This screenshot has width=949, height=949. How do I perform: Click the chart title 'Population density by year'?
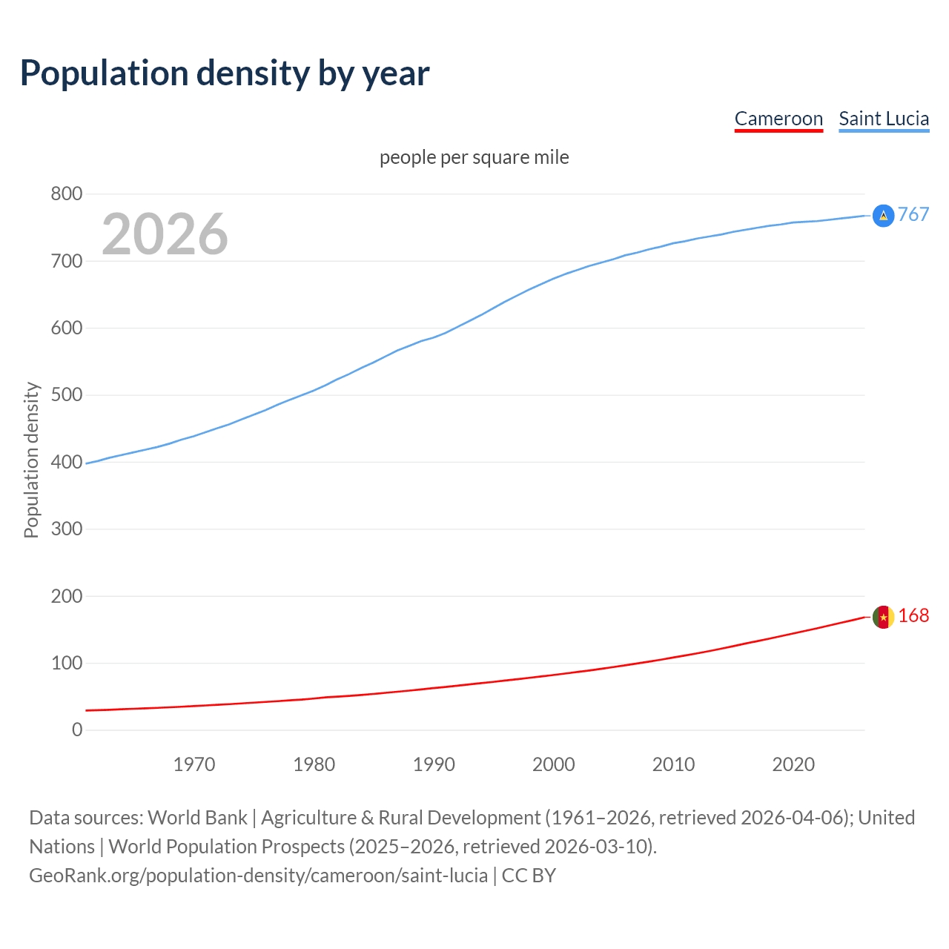tap(225, 73)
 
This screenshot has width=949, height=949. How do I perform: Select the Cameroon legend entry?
tap(778, 119)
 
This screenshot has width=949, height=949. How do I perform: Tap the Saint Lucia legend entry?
tap(884, 119)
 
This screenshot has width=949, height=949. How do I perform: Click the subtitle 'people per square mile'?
tap(474, 157)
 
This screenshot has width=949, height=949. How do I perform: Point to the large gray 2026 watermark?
tap(165, 234)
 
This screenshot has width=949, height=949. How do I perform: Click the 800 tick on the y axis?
tap(66, 194)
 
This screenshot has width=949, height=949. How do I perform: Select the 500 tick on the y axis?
tap(66, 395)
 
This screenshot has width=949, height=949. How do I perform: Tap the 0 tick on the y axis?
tap(77, 730)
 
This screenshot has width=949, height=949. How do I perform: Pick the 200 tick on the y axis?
tap(66, 596)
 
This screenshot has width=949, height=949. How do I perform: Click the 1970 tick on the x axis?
tap(194, 764)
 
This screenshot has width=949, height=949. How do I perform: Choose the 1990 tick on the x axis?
tap(434, 764)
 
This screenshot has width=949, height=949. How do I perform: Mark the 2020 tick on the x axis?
tap(793, 764)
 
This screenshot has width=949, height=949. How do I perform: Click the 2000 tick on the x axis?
tap(553, 764)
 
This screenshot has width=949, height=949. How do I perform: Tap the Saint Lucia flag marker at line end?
tap(883, 216)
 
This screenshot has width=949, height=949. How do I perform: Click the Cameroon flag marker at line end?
tap(883, 617)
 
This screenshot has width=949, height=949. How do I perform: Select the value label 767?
tap(913, 215)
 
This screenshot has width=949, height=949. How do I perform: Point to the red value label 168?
tap(913, 616)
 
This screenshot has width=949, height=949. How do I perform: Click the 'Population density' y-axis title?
tap(31, 460)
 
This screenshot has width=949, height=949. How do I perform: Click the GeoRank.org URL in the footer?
tap(258, 876)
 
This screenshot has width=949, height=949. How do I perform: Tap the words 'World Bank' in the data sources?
tap(197, 818)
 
